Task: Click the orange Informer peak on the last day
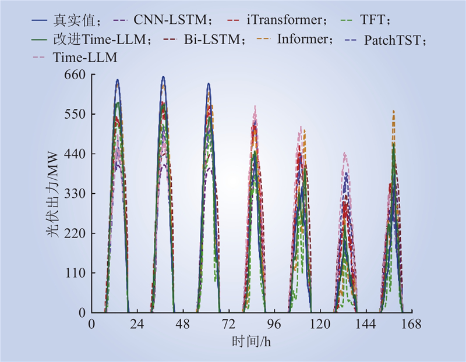[x=394, y=111]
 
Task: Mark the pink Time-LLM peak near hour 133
[x=344, y=153]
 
